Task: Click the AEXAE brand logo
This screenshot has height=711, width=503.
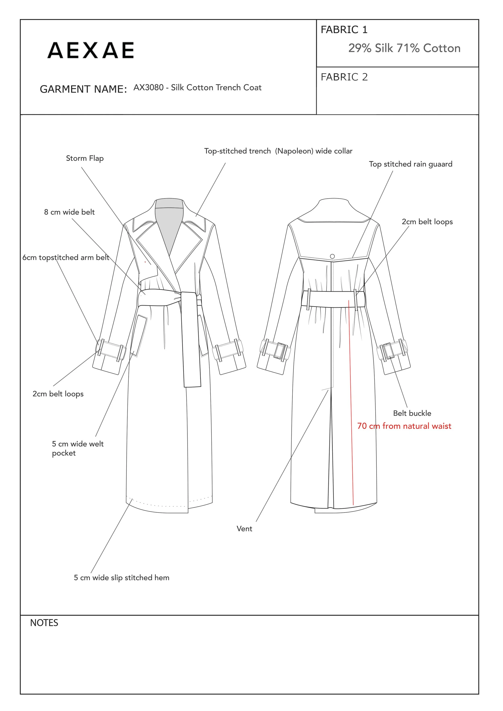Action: (x=91, y=50)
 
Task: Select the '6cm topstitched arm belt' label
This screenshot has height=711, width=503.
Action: (x=66, y=257)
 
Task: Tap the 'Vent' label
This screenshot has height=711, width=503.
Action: (x=244, y=529)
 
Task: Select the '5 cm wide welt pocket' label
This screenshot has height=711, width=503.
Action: (x=77, y=448)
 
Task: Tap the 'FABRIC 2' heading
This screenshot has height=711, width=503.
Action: (x=344, y=77)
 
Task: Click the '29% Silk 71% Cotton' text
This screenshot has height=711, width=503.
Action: (x=404, y=48)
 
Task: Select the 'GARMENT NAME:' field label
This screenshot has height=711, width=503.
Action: (x=83, y=89)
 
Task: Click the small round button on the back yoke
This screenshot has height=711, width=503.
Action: (x=332, y=256)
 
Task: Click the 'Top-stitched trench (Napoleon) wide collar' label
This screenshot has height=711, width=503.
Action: (x=278, y=151)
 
